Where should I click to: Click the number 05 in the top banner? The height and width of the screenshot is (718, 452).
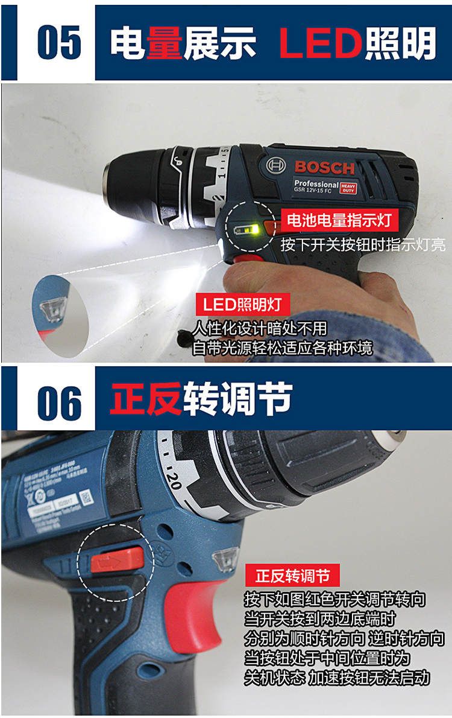[58, 42]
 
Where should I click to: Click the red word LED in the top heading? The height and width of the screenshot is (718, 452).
[320, 43]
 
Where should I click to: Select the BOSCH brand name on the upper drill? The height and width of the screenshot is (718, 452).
[324, 167]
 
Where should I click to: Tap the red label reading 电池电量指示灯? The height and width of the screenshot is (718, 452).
[339, 221]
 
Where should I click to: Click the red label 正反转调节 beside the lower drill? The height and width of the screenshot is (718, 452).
[293, 576]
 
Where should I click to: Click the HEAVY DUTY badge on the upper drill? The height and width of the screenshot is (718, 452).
[349, 188]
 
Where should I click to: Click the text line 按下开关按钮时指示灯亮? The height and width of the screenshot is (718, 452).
[362, 244]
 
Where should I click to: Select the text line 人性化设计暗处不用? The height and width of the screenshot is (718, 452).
[259, 329]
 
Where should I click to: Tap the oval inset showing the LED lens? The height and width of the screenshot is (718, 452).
[61, 314]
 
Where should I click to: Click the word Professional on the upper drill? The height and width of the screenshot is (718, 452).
[316, 183]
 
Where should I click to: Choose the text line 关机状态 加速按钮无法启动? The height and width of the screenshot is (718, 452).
[337, 677]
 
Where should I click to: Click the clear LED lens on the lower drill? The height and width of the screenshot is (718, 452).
[225, 558]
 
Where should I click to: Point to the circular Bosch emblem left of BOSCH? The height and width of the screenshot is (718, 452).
[275, 165]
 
